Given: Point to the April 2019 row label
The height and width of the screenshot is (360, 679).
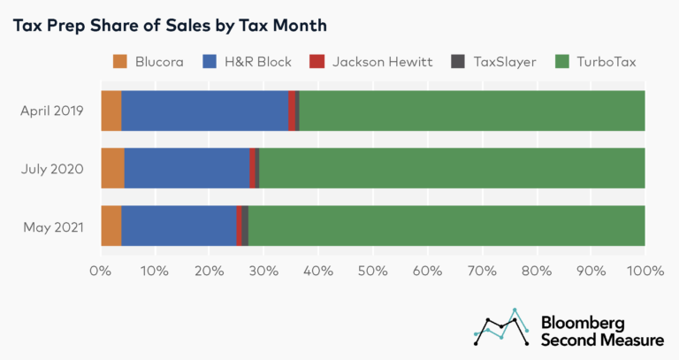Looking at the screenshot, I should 52,111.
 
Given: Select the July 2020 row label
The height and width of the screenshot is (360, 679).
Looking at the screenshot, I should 54,168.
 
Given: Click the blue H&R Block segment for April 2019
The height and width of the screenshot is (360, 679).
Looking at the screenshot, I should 204,111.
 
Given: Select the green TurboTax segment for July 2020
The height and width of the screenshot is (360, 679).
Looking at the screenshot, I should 451,168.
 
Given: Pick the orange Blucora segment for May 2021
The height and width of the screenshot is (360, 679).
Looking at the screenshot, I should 111,226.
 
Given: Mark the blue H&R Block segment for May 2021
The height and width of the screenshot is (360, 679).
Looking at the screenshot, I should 179,226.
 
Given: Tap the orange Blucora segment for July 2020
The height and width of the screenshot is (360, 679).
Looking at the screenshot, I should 112,168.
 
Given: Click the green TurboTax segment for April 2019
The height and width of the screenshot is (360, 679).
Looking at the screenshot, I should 471,111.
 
